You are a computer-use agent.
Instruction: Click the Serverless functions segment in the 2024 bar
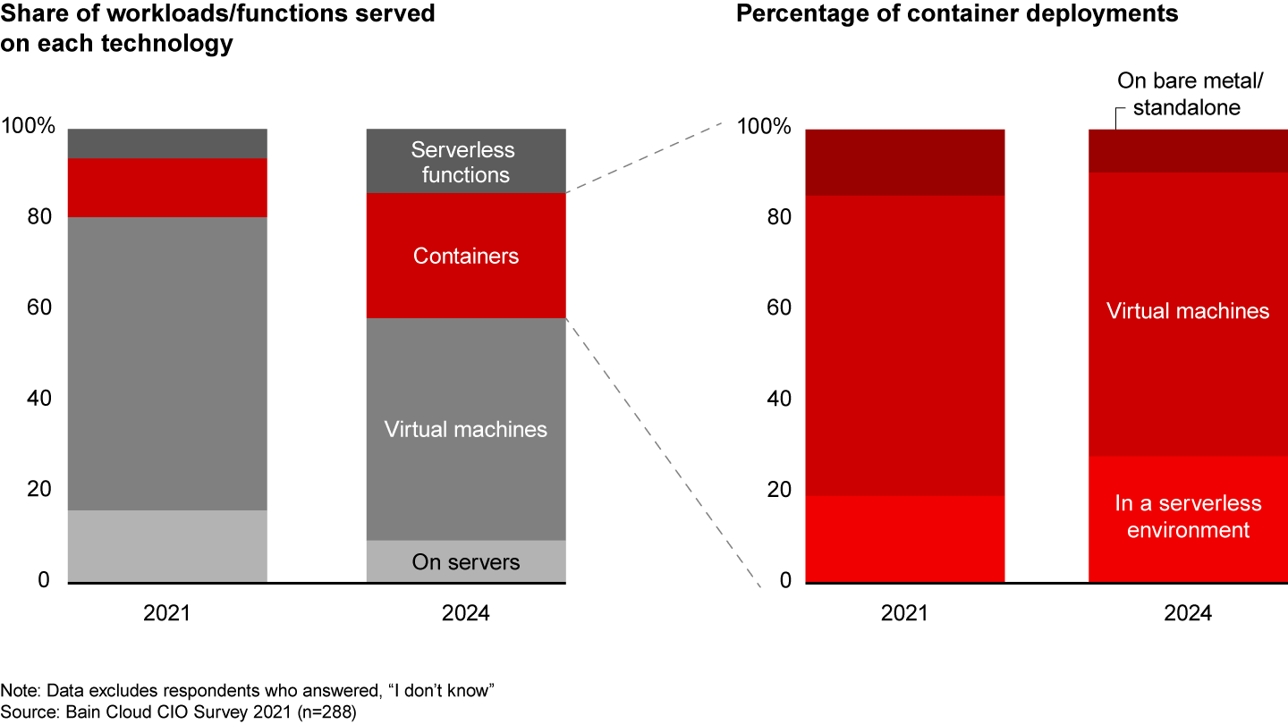[465, 162]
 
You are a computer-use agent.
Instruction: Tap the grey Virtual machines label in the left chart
[465, 429]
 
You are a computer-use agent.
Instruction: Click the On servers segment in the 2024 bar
[465, 562]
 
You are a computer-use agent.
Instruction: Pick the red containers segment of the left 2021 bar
[167, 188]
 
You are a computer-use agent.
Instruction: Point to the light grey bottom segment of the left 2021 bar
[167, 546]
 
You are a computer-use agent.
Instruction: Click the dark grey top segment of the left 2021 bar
[167, 143]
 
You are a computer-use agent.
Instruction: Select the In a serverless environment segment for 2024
[1187, 517]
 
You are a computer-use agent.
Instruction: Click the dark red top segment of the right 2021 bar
[905, 162]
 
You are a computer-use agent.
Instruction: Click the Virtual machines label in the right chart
[1187, 311]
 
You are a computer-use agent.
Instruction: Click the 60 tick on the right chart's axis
[777, 308]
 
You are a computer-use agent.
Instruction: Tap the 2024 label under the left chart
[465, 614]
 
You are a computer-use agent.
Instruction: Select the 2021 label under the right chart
[905, 614]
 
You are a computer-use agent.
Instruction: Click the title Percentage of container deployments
[957, 14]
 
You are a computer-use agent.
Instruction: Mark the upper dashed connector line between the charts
[644, 161]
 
